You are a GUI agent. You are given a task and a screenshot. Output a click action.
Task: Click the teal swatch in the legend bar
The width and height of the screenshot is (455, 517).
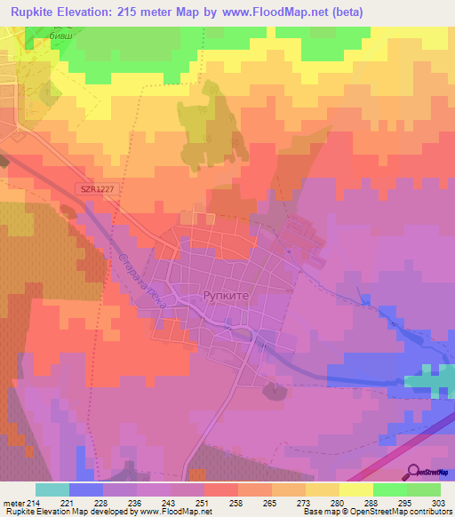[x=52, y=490]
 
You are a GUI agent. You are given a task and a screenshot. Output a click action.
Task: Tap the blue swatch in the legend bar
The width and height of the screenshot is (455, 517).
[x=86, y=490]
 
